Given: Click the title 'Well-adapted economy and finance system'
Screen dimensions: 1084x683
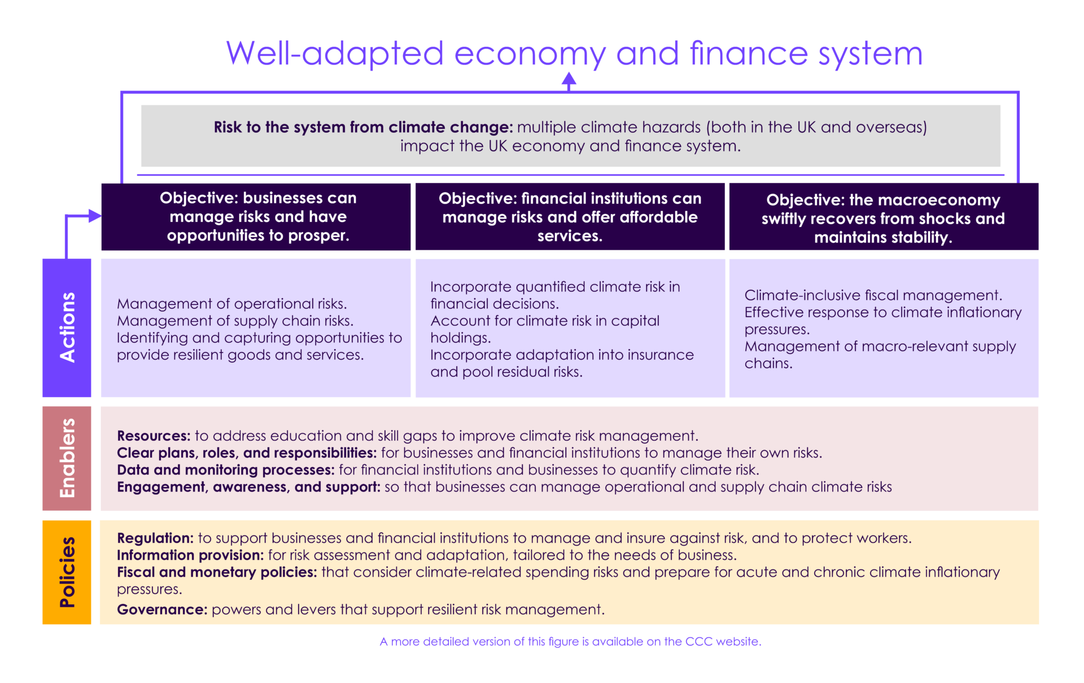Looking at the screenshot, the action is [574, 54].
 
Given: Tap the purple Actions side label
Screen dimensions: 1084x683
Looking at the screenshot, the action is [67, 328].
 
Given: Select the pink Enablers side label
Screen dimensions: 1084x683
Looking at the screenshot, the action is [67, 458].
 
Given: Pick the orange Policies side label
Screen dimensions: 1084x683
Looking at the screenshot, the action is [67, 572].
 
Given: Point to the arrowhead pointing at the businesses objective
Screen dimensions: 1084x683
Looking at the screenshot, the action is [95, 215].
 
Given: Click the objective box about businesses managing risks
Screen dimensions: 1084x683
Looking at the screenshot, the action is [256, 216].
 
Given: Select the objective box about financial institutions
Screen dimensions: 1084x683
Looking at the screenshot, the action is [570, 216].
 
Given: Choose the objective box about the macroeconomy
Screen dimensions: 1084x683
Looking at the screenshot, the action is [884, 216].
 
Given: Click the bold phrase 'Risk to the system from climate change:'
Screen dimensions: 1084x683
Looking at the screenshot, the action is [363, 127].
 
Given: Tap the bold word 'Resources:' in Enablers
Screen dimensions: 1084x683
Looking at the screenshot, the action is [154, 436].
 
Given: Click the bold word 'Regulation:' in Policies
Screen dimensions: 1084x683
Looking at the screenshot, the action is [155, 538].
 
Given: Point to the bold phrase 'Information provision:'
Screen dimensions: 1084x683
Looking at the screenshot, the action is [190, 555].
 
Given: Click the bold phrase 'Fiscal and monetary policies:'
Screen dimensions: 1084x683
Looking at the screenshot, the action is [217, 572].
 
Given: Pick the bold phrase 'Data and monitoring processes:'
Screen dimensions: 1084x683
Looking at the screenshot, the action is [226, 470].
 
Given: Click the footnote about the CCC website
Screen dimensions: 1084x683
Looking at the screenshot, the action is [570, 641].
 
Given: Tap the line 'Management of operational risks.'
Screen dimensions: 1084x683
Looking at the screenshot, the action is [232, 304].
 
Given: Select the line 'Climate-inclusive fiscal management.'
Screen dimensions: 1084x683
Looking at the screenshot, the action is [873, 295].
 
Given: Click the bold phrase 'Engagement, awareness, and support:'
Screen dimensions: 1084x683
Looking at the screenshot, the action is [248, 487].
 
